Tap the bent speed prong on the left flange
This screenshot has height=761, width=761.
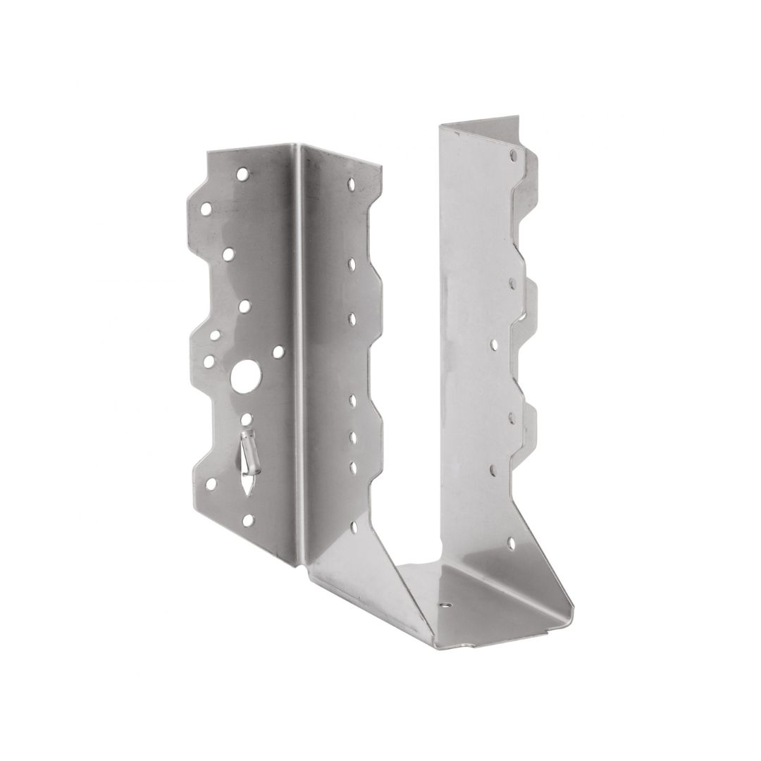pyautogui.click(x=248, y=450)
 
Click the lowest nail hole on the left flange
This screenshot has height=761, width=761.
pyautogui.click(x=247, y=521)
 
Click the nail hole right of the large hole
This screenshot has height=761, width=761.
pyautogui.click(x=278, y=350)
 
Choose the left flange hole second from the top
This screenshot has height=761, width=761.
pyautogui.click(x=206, y=209)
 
